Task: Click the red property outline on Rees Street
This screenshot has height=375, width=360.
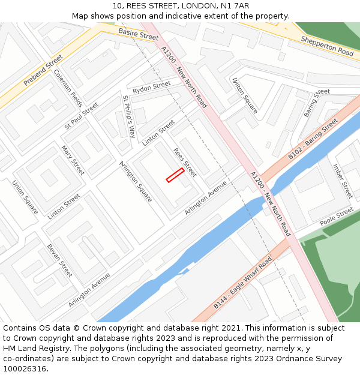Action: click(x=175, y=175)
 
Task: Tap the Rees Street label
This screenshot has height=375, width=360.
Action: click(x=185, y=162)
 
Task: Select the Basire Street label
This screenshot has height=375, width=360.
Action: click(x=138, y=34)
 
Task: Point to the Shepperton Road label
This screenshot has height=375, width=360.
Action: click(x=327, y=46)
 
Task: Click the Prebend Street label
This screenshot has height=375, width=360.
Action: click(x=43, y=71)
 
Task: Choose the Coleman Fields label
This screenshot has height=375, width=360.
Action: click(x=68, y=88)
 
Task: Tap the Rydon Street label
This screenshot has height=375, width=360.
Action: click(x=152, y=87)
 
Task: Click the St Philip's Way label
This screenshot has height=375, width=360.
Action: click(x=129, y=116)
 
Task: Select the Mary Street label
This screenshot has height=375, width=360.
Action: click(x=73, y=160)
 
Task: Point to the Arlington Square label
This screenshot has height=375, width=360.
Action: click(x=136, y=181)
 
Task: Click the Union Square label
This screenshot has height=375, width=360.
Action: click(x=25, y=197)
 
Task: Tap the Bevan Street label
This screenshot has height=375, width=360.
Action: click(x=59, y=260)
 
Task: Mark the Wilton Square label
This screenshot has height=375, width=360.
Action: click(x=245, y=95)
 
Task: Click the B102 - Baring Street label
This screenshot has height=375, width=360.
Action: click(x=313, y=139)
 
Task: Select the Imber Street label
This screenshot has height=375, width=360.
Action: click(x=343, y=181)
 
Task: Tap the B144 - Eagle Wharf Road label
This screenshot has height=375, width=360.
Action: click(x=242, y=283)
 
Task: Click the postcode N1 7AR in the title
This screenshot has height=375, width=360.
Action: click(x=235, y=6)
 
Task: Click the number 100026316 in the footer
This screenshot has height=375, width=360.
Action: click(x=25, y=368)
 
